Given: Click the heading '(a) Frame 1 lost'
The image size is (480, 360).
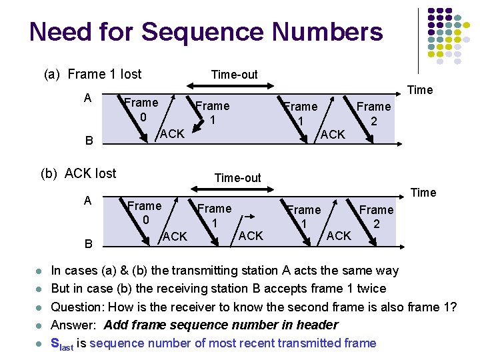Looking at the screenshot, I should pos(93,74).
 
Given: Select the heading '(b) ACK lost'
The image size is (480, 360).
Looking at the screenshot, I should pos(79,174).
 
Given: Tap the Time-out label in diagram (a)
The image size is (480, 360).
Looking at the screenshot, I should pos(233,75).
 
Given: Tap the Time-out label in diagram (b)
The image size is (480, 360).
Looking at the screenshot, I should pos(237,177).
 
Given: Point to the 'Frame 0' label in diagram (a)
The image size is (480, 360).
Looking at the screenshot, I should pos(141,109).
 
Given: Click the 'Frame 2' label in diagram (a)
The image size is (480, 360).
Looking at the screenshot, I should pos(373,113).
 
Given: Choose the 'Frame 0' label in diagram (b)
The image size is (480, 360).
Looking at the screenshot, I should pos(144,213).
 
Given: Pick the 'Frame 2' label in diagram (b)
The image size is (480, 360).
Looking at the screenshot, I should pos(376,217).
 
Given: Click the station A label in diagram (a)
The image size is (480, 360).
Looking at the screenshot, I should pos(87,98).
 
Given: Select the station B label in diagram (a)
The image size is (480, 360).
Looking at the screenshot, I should pos(87,141).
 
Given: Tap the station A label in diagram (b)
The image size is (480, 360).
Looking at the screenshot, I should pos(87,201).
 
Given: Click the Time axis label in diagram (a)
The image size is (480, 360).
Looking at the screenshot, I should pos(420,90).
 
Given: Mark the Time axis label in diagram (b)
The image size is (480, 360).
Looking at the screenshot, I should pos(423,193).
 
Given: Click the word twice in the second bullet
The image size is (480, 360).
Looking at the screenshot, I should pos(371,289).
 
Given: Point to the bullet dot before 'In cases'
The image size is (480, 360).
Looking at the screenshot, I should pos(39,271).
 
